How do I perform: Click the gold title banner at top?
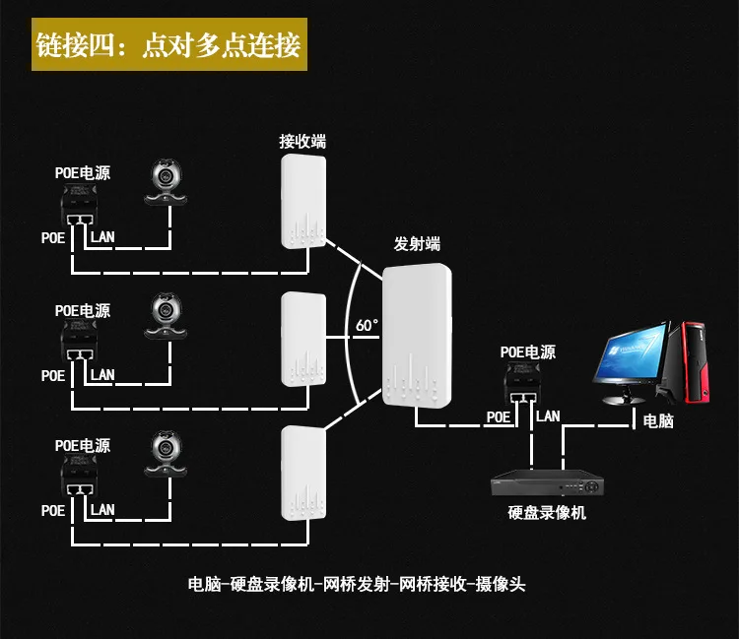(x=169, y=44)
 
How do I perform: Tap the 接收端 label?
(x=302, y=141)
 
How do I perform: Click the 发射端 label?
(x=417, y=244)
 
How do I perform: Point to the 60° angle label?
(x=367, y=325)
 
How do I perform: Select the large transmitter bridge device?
(x=417, y=336)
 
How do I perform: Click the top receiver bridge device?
(x=303, y=201)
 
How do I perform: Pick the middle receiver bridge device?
(x=303, y=339)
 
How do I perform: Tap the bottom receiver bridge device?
(x=303, y=474)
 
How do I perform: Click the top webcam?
(x=166, y=182)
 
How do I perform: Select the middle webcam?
(x=166, y=315)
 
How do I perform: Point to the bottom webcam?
(x=166, y=453)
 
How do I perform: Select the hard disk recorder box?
(x=547, y=482)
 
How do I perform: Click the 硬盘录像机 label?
(x=547, y=512)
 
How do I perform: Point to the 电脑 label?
(x=658, y=421)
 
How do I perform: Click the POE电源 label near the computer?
(x=528, y=352)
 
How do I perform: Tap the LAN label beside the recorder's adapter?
(x=548, y=416)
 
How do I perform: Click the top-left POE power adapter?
(x=79, y=205)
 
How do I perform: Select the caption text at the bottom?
(x=357, y=584)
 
